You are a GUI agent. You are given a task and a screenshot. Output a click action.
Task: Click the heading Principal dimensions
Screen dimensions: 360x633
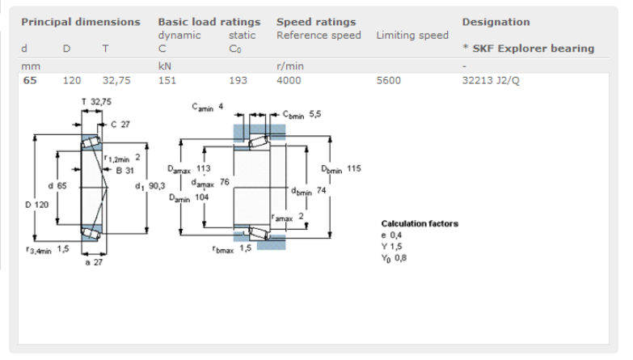pyautogui.click(x=80, y=22)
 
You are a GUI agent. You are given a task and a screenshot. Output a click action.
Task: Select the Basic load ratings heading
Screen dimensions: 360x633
pyautogui.click(x=209, y=22)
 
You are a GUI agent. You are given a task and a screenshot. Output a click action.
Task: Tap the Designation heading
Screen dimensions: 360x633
pyautogui.click(x=496, y=22)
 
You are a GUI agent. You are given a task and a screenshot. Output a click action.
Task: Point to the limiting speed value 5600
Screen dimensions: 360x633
pyautogui.click(x=388, y=80)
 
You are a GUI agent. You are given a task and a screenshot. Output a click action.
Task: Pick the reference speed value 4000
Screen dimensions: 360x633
pyautogui.click(x=289, y=80)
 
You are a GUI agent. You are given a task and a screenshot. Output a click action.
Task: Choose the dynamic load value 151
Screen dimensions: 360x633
pyautogui.click(x=167, y=80)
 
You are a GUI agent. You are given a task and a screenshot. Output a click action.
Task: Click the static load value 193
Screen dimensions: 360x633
pyautogui.click(x=238, y=80)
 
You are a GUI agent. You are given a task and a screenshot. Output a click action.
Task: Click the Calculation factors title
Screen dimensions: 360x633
pyautogui.click(x=420, y=223)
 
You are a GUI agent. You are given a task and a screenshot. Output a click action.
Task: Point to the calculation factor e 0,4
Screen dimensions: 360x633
pyautogui.click(x=392, y=235)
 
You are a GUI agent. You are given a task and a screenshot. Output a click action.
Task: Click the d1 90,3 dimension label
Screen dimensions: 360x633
pyautogui.click(x=151, y=185)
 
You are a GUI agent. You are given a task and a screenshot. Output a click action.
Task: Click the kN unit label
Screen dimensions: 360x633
pyautogui.click(x=165, y=66)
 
